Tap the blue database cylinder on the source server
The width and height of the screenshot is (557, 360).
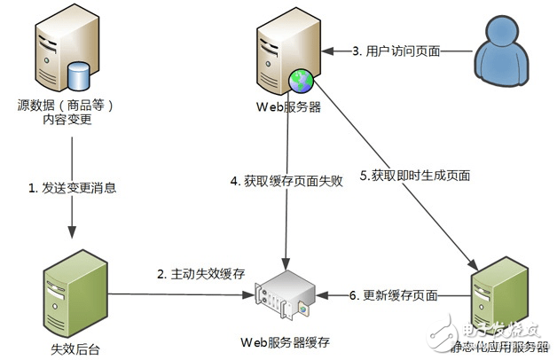pyautogui.click(x=77, y=75)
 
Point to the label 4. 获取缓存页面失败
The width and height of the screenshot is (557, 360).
pyautogui.click(x=282, y=182)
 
